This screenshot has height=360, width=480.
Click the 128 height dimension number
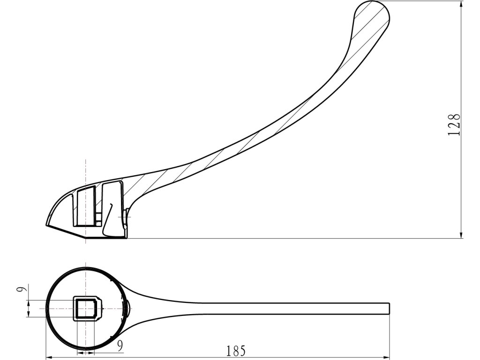[x=454, y=125]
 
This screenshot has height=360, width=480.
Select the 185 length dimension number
[x=236, y=351]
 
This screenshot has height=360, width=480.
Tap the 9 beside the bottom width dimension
[x=120, y=345]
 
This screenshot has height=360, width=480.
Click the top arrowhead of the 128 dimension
[x=461, y=4]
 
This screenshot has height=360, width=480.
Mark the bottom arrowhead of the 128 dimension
[x=461, y=235]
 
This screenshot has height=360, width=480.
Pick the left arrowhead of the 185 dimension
[x=49, y=357]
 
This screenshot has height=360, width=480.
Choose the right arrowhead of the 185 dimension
[x=386, y=357]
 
